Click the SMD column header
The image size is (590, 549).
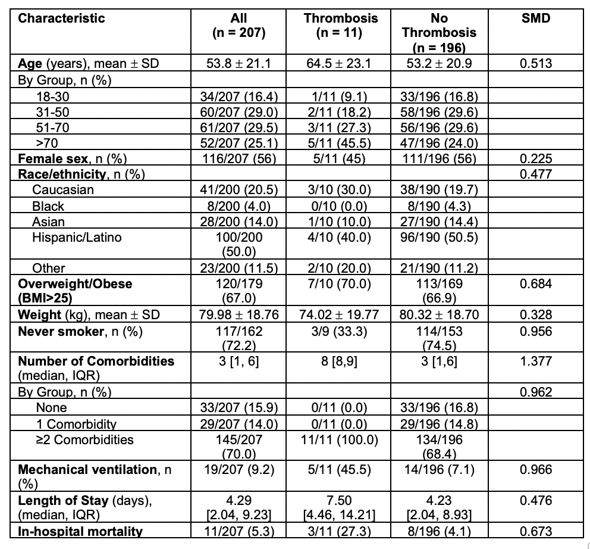pyautogui.click(x=535, y=18)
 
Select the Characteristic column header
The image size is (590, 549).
pyautogui.click(x=61, y=18)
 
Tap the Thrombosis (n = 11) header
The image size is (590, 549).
pyautogui.click(x=341, y=25)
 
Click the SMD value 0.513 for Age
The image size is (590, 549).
pyautogui.click(x=535, y=63)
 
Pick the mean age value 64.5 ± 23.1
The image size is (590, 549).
pyautogui.click(x=341, y=63)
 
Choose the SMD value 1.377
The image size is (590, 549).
pyautogui.click(x=535, y=361)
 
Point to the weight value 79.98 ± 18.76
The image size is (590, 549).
pyautogui.click(x=238, y=314)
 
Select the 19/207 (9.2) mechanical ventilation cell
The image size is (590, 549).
pyautogui.click(x=238, y=469)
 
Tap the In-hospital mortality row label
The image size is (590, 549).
pyautogui.click(x=80, y=531)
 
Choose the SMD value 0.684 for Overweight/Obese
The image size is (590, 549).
pyautogui.click(x=535, y=283)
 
